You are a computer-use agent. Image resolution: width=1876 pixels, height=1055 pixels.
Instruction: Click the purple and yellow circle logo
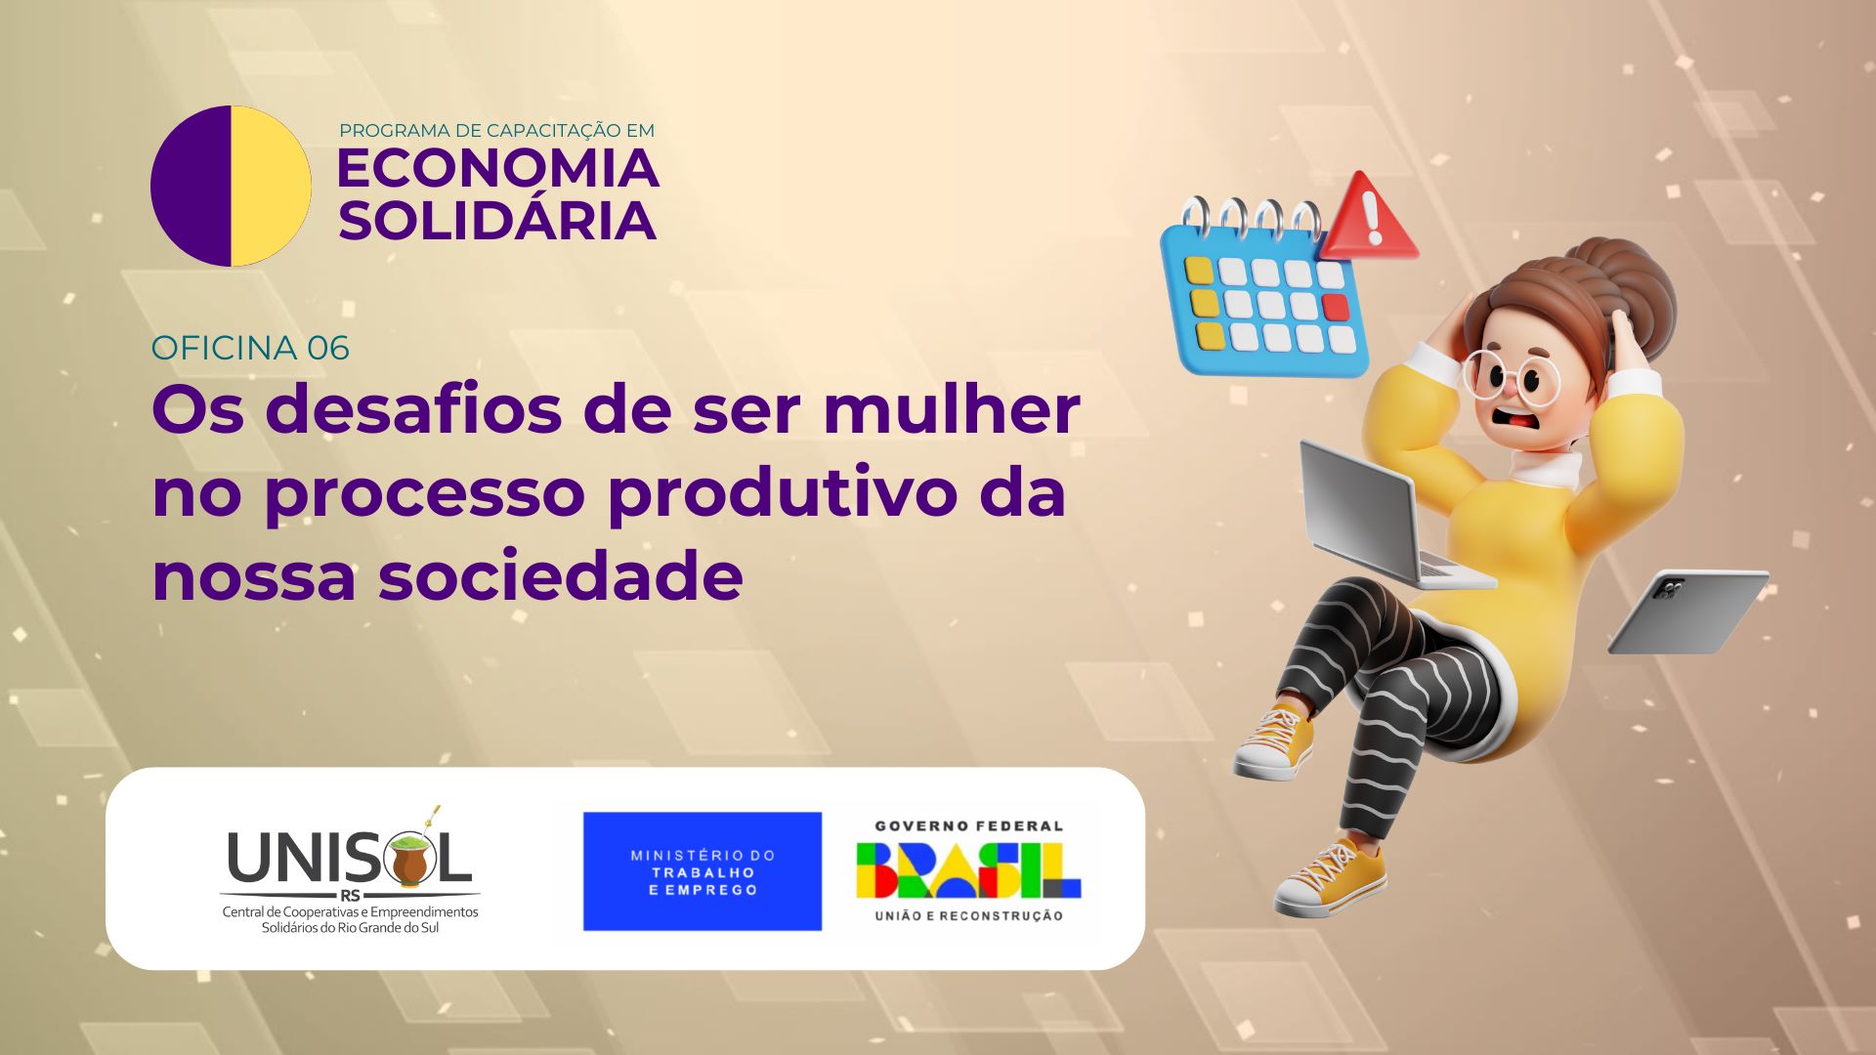[x=231, y=186]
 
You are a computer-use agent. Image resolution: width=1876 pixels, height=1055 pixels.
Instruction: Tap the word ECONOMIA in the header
[x=497, y=169]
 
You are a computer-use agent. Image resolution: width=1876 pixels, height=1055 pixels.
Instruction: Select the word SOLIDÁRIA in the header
[x=497, y=221]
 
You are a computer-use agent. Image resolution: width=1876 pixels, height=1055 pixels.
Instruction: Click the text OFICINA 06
[x=250, y=349]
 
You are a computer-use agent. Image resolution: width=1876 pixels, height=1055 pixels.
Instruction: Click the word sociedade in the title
[x=561, y=576]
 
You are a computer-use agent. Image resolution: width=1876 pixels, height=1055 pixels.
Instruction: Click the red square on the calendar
[x=1335, y=308]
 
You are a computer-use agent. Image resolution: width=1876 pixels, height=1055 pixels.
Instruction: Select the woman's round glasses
[x=1510, y=376]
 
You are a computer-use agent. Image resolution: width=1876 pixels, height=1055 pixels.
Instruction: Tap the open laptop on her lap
[x=1378, y=518]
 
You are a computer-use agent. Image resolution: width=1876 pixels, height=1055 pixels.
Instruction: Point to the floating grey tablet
[x=1688, y=612]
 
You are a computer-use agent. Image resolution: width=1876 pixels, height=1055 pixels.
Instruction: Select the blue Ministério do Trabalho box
[x=703, y=871]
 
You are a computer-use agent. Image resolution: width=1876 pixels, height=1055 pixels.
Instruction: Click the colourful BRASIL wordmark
[x=968, y=870]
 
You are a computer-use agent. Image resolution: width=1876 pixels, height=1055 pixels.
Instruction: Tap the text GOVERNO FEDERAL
[x=968, y=826]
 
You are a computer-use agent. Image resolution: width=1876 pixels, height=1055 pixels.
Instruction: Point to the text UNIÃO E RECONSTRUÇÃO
[x=968, y=916]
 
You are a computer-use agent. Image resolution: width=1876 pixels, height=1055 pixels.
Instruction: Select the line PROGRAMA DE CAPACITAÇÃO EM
[x=496, y=131]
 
